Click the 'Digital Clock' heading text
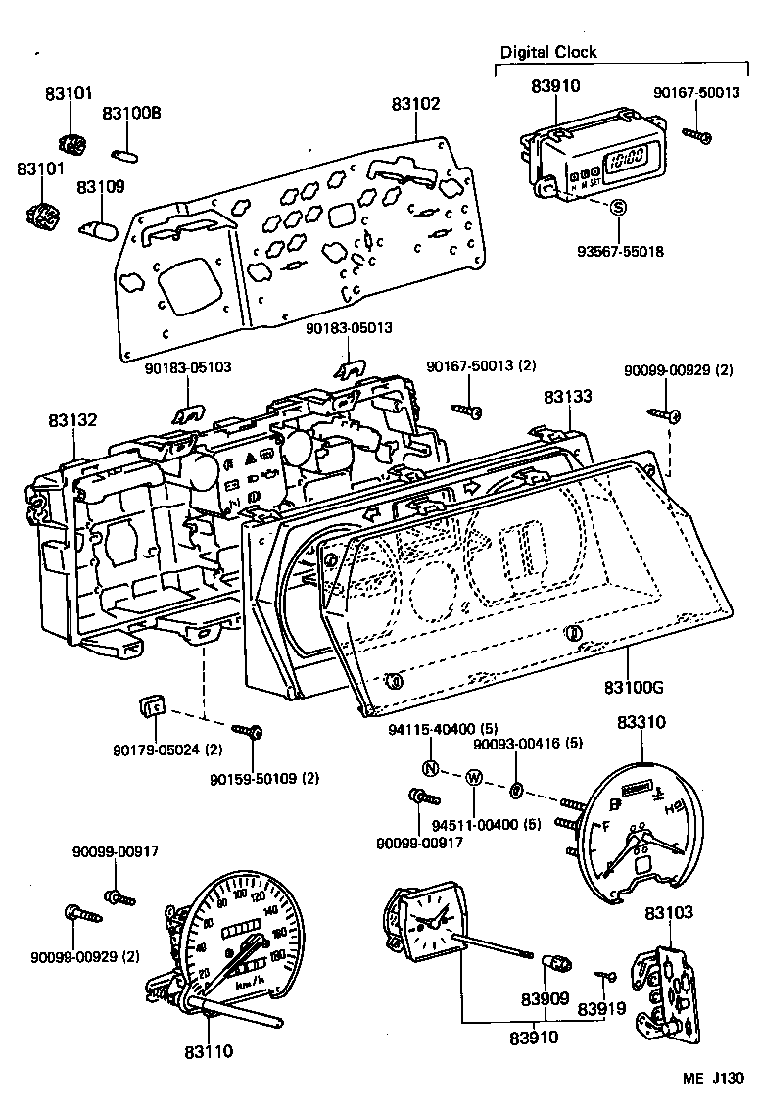coord(547,52)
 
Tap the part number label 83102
coord(415,103)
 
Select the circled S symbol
coord(618,207)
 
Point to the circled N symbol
coord(430,767)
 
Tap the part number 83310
coord(641,723)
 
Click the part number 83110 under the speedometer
coord(208,1052)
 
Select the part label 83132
coord(72,420)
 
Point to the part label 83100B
coord(131,114)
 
